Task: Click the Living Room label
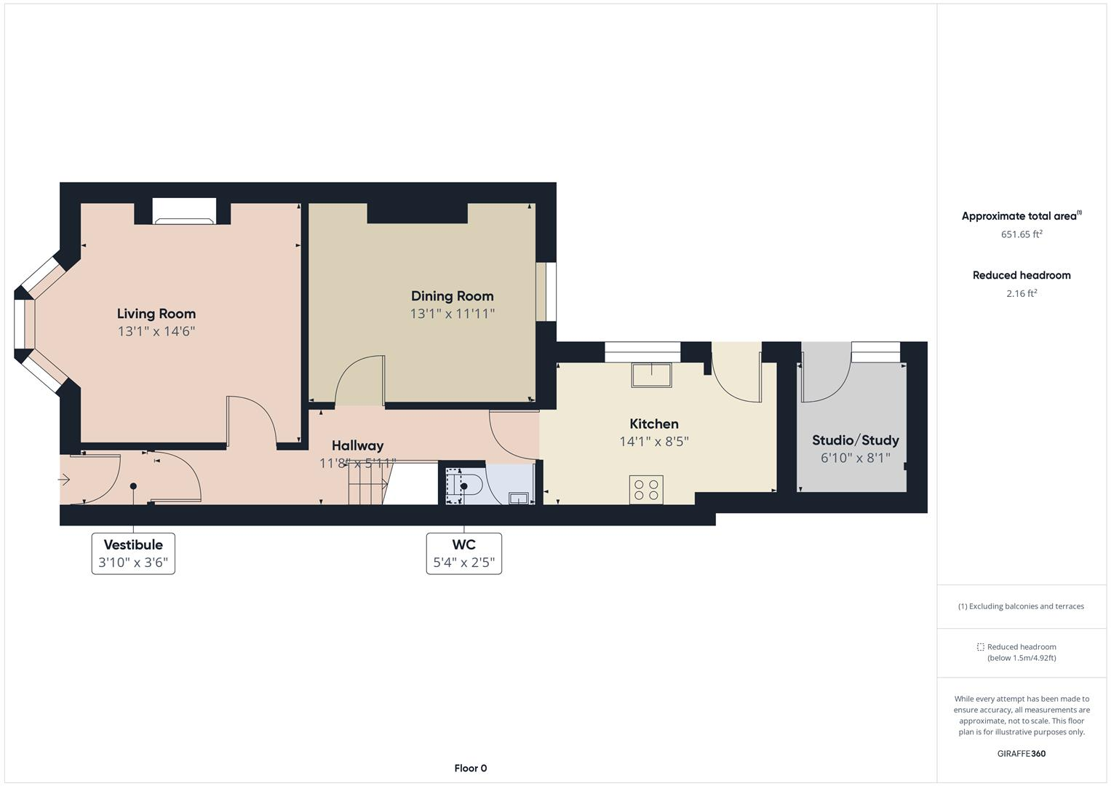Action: [156, 314]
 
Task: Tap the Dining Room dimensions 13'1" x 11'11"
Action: [452, 314]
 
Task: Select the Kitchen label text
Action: [653, 424]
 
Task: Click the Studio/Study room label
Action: [855, 440]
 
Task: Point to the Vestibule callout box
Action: [133, 553]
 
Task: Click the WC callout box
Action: [463, 553]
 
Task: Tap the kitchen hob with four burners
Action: [646, 488]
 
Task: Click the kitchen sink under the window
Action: [651, 375]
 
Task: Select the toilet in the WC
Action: [466, 485]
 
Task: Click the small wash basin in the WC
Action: [519, 498]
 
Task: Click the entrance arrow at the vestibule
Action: [64, 480]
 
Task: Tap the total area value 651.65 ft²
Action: [1021, 234]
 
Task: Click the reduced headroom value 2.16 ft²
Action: [1021, 293]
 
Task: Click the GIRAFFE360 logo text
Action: [1021, 753]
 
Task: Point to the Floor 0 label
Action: [470, 768]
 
